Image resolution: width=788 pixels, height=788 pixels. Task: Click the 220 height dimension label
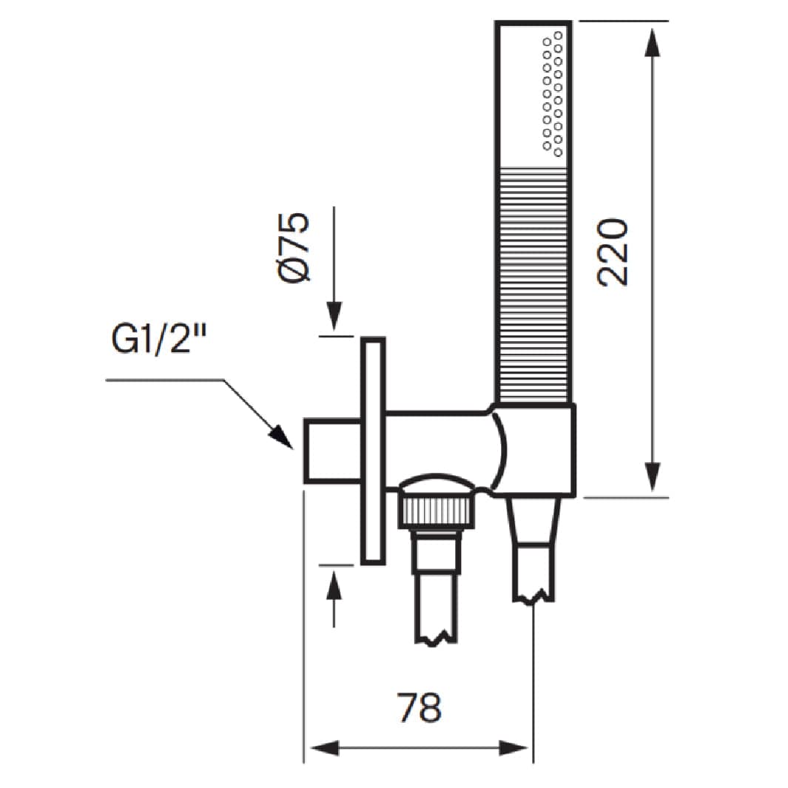(613, 252)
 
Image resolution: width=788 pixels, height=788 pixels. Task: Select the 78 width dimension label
(419, 707)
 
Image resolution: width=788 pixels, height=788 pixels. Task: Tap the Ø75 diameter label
(294, 247)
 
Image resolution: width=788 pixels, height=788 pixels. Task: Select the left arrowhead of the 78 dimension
(325, 747)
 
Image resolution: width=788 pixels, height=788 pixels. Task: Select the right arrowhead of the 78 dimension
(513, 747)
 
